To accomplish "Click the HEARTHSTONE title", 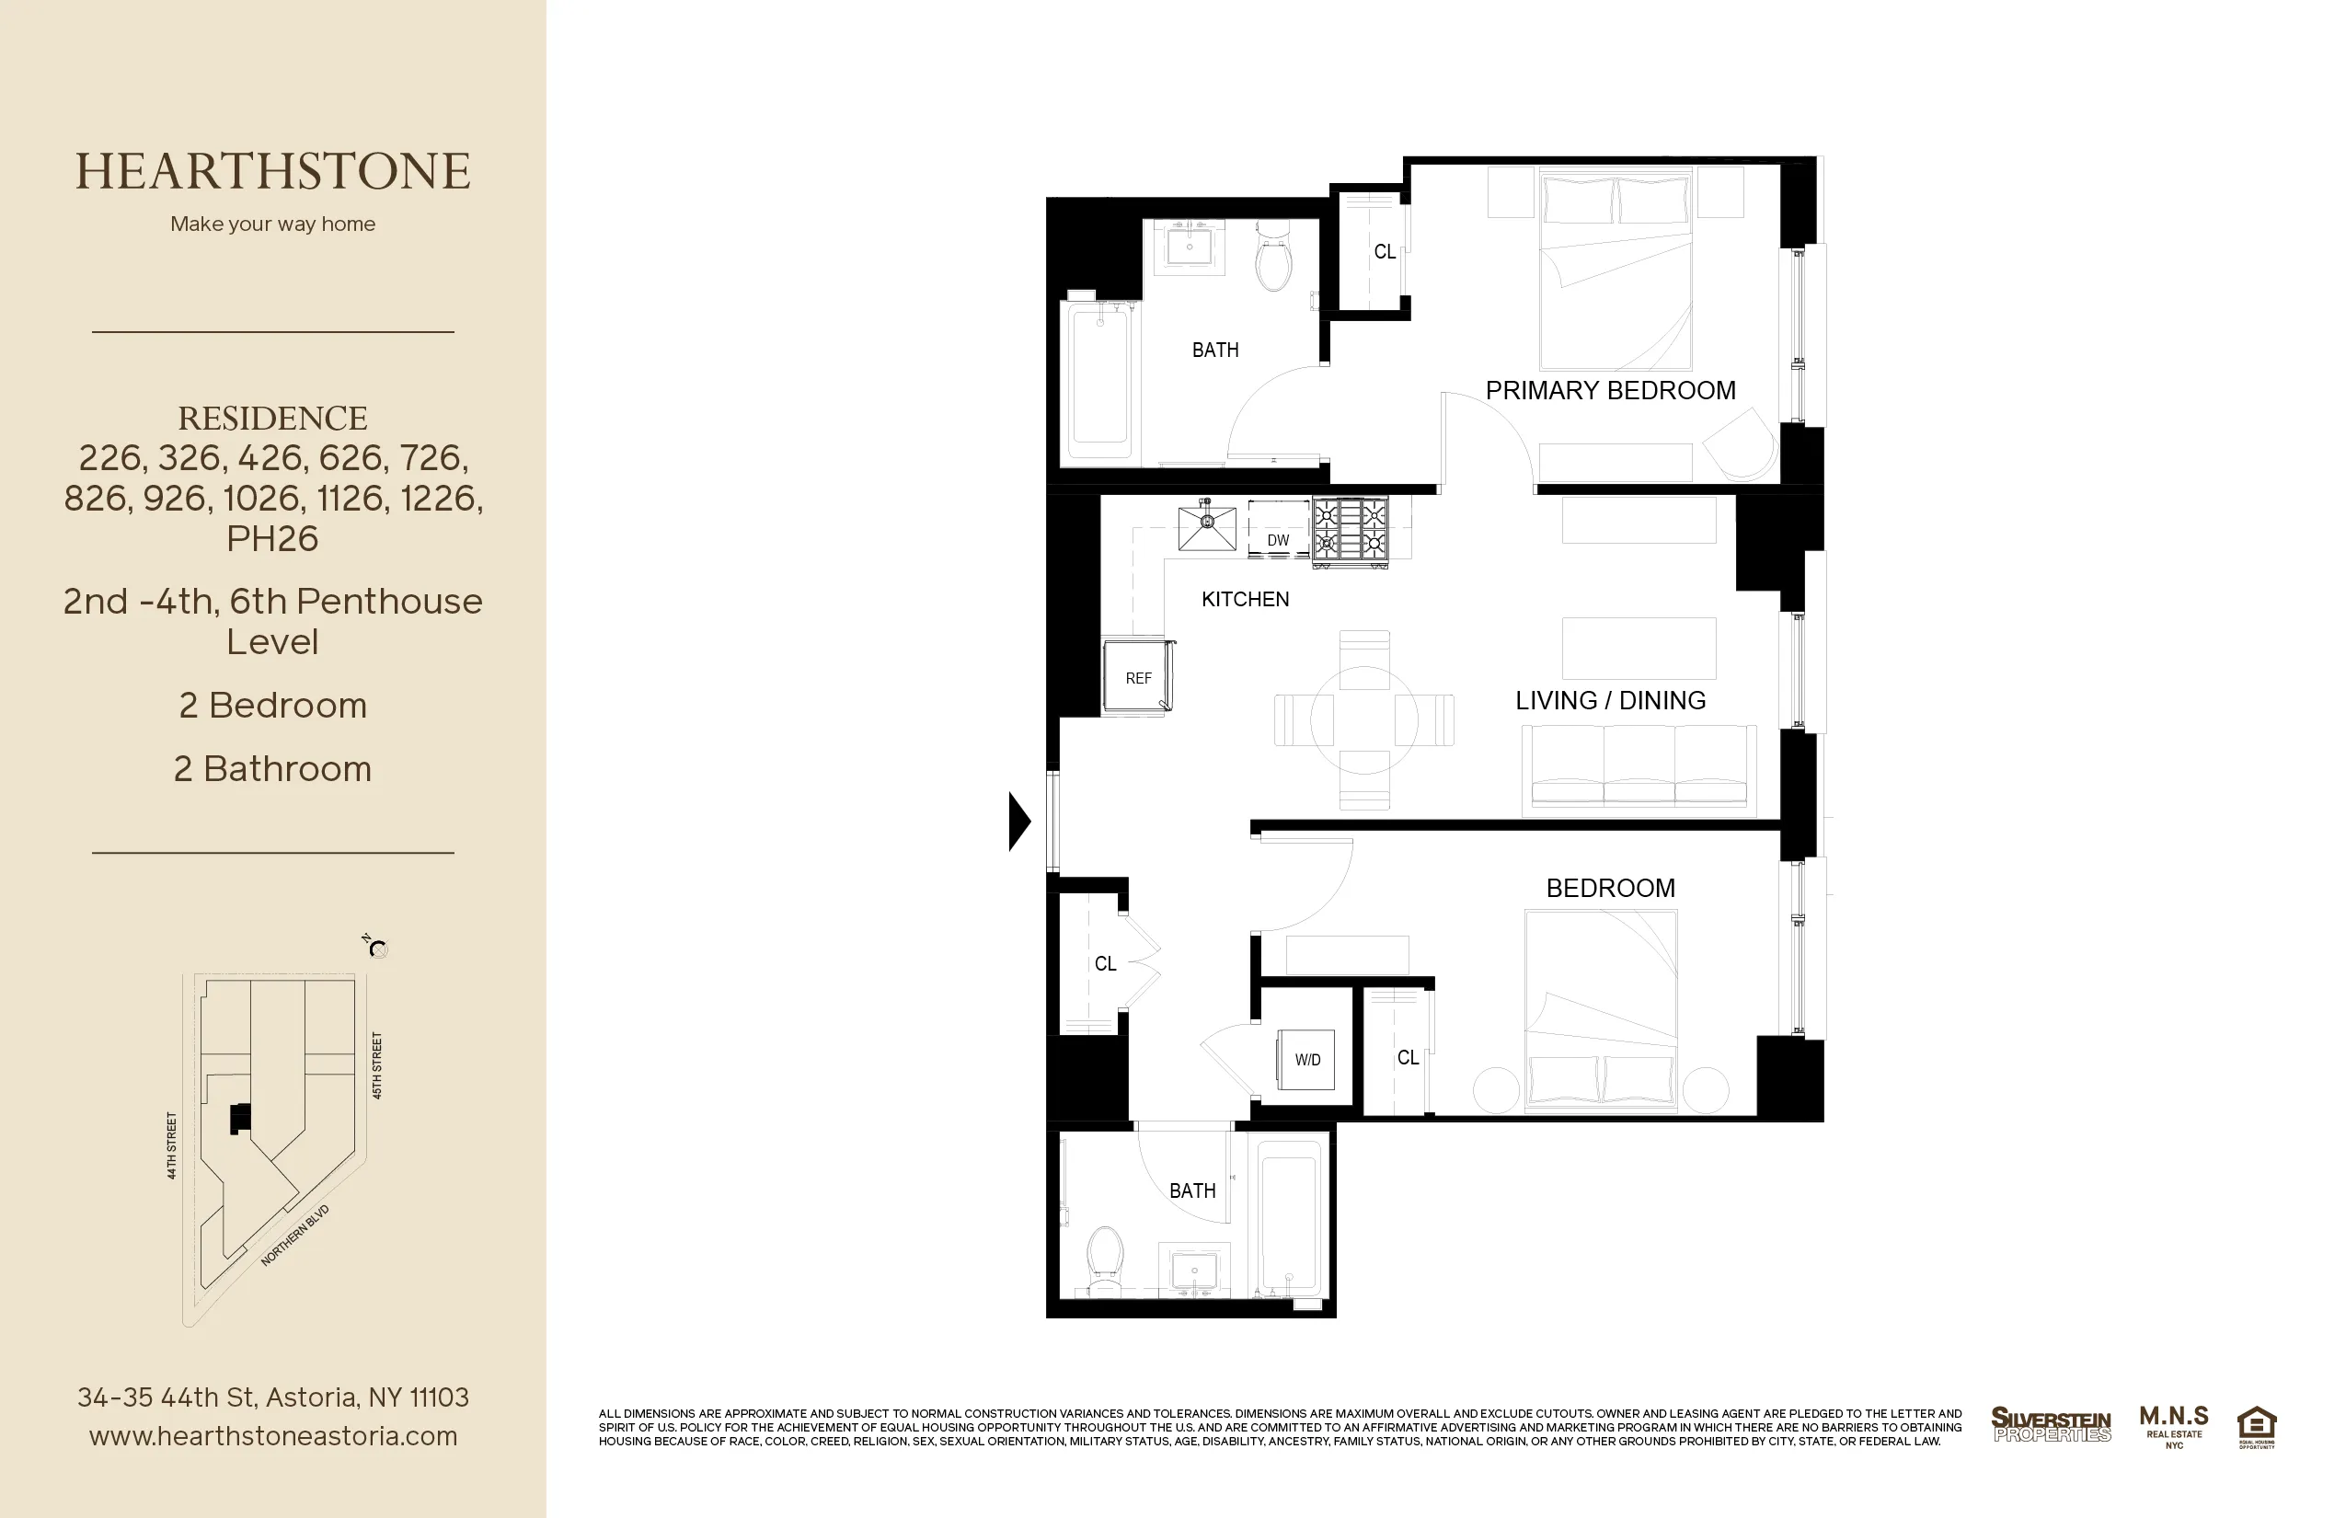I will [273, 171].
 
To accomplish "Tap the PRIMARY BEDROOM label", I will [1610, 390].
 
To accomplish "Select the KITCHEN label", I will [1245, 599].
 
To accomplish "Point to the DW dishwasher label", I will [1278, 540].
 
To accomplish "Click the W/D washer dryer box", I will [1306, 1060].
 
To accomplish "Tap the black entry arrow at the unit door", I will [1019, 821].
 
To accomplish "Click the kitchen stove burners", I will [1351, 529].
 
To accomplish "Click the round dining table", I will [1364, 720].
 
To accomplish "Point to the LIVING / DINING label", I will [1610, 701].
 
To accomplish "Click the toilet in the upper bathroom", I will [1273, 259].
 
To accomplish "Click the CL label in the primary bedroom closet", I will [1384, 252].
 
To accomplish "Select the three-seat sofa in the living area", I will [1639, 769].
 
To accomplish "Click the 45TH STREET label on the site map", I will [376, 1065].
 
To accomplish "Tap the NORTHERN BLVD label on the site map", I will [294, 1235].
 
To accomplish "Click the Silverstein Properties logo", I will [2051, 1425].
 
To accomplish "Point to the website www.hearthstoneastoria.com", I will [273, 1436].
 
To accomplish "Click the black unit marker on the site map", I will [239, 1119].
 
